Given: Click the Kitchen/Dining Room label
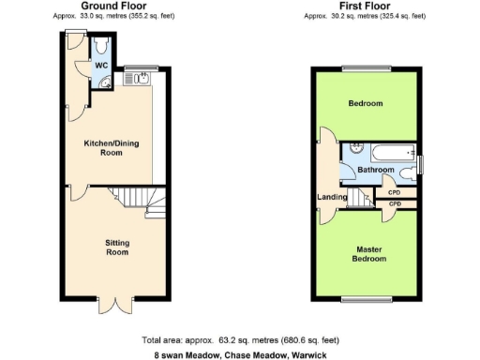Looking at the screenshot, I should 112,147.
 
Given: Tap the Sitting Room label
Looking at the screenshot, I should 116,247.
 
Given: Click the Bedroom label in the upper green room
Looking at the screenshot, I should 366,103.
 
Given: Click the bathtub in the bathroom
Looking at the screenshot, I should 386,151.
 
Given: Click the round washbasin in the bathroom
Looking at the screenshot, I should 354,149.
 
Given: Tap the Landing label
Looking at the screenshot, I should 332,196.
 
